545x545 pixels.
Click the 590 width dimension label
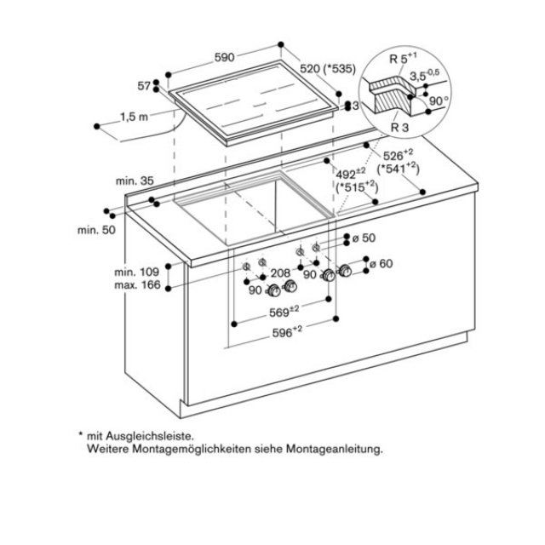click(224, 58)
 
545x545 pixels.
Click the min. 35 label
click(135, 181)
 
